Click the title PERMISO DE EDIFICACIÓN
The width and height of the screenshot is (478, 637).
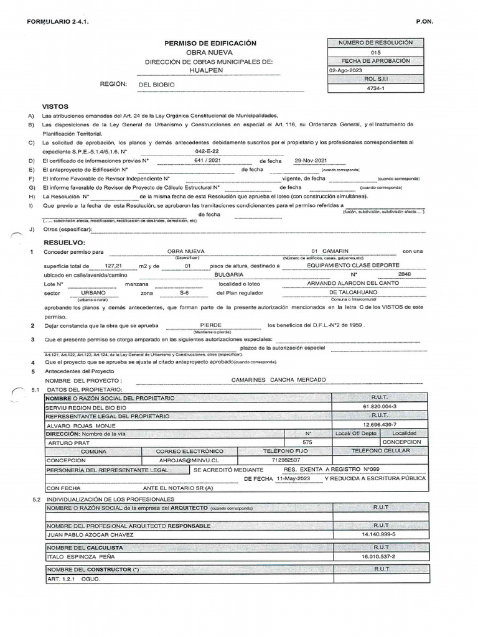coord(210,43)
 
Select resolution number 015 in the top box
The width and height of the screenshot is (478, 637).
coord(375,52)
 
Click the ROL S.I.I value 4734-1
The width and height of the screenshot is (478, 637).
coord(375,88)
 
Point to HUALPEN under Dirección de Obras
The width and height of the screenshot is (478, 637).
coord(210,71)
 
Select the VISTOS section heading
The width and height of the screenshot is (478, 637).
coord(55,106)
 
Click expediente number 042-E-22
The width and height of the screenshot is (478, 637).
coord(207,151)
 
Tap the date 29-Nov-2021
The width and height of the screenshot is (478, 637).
coord(311,160)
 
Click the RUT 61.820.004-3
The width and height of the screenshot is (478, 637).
coord(380,406)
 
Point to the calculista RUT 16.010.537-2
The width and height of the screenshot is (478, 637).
coord(379,556)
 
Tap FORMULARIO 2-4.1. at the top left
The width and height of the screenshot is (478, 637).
coord(58,22)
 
